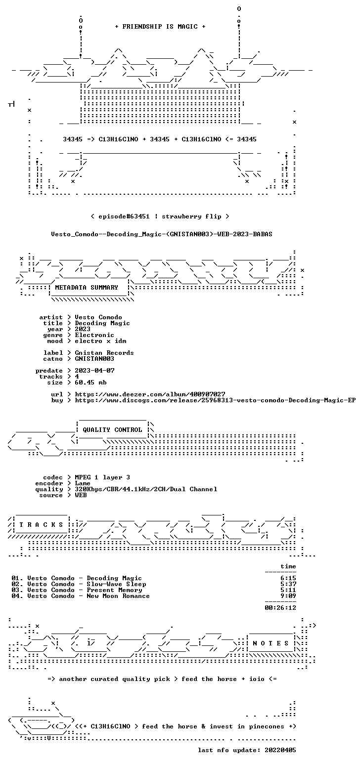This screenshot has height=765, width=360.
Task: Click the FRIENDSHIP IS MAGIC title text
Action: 160,27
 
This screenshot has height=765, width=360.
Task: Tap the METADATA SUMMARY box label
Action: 87,288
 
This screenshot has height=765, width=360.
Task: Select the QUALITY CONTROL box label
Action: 112,430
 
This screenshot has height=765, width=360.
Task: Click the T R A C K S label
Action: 41,525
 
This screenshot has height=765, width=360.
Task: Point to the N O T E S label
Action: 270,643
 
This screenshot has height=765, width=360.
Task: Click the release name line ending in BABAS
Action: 162,234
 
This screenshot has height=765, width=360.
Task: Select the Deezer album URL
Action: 150,394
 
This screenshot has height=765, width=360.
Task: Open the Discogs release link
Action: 216,400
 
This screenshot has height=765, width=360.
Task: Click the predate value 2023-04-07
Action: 95,371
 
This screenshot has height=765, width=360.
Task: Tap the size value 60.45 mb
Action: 90,382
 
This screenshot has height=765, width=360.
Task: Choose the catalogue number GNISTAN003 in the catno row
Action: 94,359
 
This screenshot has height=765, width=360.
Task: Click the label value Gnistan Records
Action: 104,353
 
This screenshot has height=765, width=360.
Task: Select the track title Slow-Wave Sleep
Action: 116,584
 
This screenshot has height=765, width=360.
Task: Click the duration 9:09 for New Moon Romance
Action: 288,596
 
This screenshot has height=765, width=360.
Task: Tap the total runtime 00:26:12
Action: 280,608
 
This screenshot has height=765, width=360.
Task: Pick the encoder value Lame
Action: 83,484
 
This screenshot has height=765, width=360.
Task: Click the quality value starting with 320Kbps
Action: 146,489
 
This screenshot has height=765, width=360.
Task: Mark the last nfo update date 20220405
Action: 280,750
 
